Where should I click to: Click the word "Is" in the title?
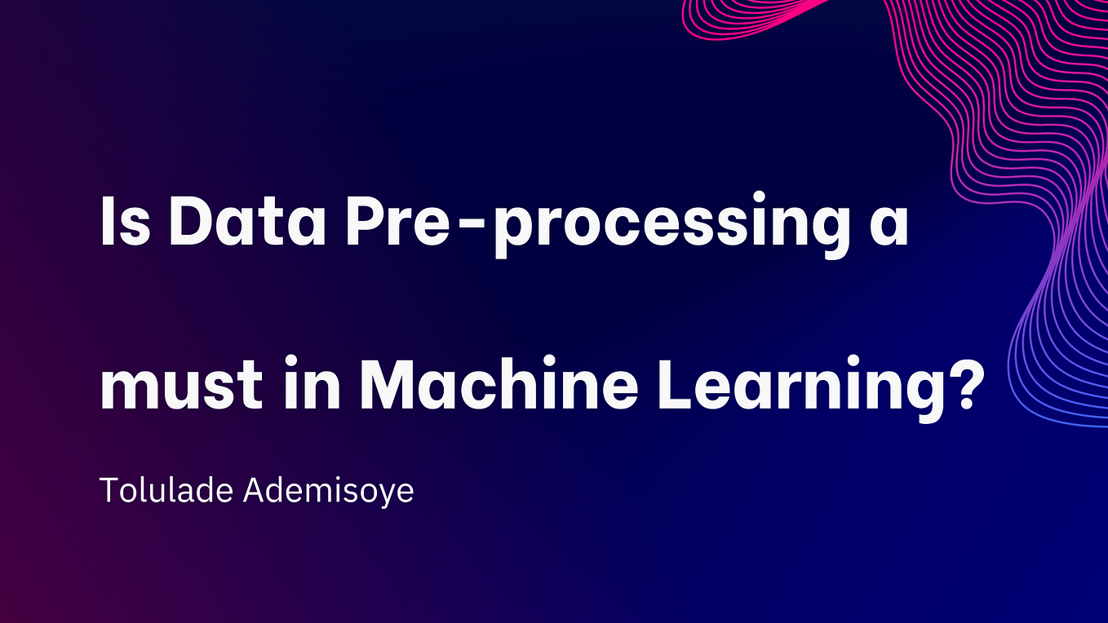pyautogui.click(x=125, y=222)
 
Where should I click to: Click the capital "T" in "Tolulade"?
pyautogui.click(x=109, y=491)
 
